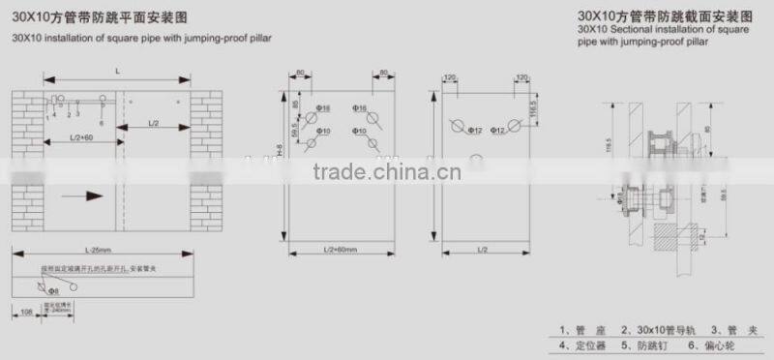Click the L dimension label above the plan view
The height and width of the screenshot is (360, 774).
pos(117,73)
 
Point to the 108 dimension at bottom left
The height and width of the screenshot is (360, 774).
pos(26,313)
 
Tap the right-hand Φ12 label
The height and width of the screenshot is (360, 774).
pos(499,129)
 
